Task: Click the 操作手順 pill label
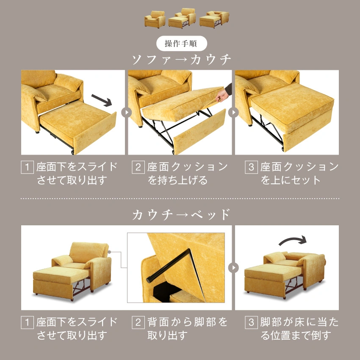182,43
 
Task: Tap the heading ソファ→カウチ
181,59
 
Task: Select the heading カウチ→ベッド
181,215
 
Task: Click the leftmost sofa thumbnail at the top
155,19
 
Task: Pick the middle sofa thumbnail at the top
182,18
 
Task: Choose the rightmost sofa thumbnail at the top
214,19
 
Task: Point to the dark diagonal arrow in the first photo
102,100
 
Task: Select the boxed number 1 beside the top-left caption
28,167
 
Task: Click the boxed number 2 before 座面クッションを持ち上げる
138,167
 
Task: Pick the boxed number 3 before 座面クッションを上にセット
251,167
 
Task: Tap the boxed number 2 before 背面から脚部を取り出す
138,322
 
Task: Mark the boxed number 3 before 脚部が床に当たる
251,322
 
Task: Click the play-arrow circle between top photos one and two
126,113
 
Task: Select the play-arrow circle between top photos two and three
233,113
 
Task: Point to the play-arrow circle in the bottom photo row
233,268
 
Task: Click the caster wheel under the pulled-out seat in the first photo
72,152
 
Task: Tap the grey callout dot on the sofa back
110,252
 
